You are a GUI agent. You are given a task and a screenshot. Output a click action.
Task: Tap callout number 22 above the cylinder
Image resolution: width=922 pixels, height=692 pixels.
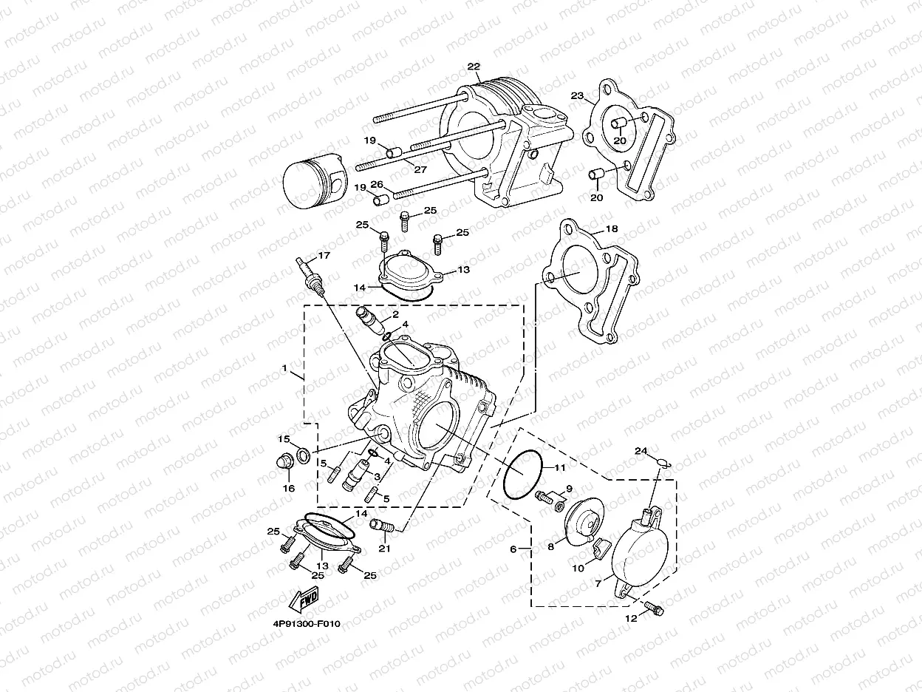473,67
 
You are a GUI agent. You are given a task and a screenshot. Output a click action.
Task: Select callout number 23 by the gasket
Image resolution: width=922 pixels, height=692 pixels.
577,95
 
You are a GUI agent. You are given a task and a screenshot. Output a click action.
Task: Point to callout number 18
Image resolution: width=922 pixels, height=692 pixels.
612,229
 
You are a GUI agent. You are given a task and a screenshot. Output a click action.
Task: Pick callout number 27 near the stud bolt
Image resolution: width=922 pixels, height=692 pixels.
420,169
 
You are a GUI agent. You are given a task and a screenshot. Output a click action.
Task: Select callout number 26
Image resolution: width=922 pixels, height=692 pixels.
376,185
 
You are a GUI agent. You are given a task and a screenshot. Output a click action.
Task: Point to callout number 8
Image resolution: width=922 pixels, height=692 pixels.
550,547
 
